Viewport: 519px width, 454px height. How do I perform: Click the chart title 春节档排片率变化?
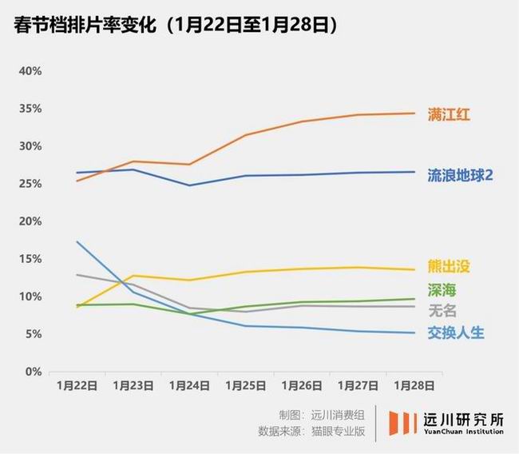88,26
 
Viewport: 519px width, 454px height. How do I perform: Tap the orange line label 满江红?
450,114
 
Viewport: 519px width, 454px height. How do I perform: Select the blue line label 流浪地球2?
460,173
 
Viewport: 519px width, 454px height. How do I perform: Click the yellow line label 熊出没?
450,267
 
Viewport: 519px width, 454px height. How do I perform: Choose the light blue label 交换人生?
455,333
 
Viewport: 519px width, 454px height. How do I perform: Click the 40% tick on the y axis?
30,71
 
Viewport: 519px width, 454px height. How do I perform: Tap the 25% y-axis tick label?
30,184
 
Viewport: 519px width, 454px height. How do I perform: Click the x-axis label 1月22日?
77,385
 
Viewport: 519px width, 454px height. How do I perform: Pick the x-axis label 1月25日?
246,385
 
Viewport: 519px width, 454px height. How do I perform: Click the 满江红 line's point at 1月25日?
246,135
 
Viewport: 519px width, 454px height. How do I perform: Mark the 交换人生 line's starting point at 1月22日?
77,241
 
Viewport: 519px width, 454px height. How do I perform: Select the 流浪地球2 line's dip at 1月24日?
190,185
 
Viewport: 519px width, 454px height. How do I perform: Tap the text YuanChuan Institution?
463,432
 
